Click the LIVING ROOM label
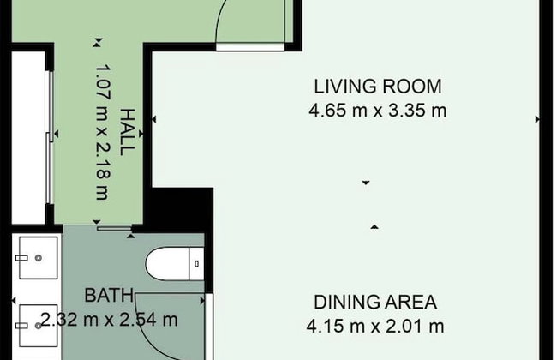coord(378,87)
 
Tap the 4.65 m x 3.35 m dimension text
coord(378,111)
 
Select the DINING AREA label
coord(375,303)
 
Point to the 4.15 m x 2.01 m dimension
coord(375,327)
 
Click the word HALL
coord(127,132)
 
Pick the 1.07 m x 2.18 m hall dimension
coord(104,132)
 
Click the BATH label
coord(109,296)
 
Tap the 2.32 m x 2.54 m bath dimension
coord(109,320)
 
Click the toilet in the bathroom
coord(175,263)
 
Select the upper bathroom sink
coord(38,258)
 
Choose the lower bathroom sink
coord(38,326)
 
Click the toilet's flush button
coord(197,264)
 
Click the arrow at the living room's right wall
coord(537,119)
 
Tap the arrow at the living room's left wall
coord(153,119)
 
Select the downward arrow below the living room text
coord(366,183)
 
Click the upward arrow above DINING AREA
coord(374,227)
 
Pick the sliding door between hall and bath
coord(114,229)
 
